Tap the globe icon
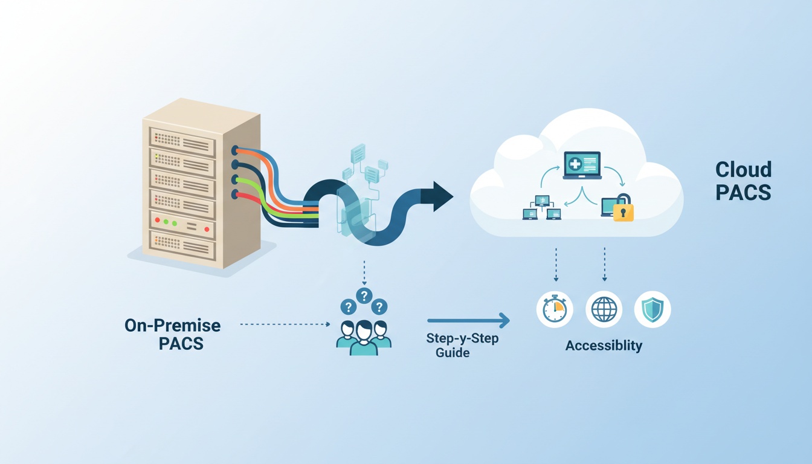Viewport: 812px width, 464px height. pos(604,309)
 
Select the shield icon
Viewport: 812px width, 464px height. pos(652,309)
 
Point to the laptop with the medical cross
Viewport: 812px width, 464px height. pos(582,165)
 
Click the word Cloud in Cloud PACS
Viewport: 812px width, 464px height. pos(743,169)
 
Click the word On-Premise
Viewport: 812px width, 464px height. pos(173,326)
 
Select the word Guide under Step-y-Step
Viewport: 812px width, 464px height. pos(453,352)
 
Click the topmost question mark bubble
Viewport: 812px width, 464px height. pos(364,295)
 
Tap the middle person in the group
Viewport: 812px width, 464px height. pos(364,338)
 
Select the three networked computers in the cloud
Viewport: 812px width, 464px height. pos(542,207)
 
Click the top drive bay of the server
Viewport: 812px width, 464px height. pos(181,141)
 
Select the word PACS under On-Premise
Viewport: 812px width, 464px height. pos(181,344)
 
